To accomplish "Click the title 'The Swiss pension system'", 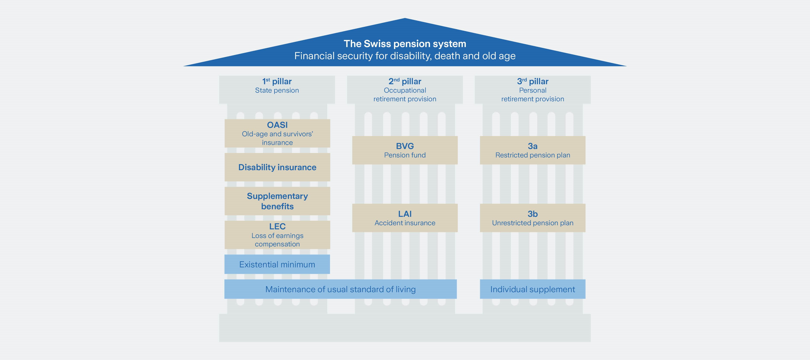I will click(405, 44).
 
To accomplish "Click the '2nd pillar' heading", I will click(405, 81).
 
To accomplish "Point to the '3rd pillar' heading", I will click(532, 81).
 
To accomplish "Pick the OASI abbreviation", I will click(277, 125).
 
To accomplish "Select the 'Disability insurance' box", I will click(277, 167).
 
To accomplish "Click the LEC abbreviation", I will click(277, 226).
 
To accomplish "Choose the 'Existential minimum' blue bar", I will click(277, 264).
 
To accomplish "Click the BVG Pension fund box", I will click(405, 150).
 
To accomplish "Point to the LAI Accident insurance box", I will click(405, 218).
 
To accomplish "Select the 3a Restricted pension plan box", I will click(532, 150).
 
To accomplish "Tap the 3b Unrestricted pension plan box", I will click(532, 218).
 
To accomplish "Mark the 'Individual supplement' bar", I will click(532, 289).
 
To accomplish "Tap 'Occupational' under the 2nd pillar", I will click(405, 90).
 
